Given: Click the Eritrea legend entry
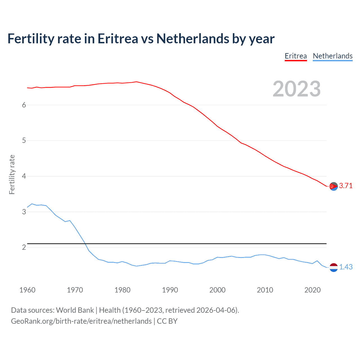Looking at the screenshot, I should (296, 56).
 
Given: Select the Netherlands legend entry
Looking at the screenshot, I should (332, 56).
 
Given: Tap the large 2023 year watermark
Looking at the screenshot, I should (296, 89).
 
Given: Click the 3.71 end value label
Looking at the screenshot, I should (346, 186).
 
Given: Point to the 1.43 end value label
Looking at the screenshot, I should (346, 267).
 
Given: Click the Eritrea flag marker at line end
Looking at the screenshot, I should (334, 186).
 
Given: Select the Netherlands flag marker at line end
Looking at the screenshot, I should (334, 267).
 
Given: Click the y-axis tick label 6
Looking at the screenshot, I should (24, 105).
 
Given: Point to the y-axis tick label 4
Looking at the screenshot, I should (24, 176).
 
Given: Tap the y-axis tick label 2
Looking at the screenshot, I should (24, 247).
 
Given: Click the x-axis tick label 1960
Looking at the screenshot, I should (27, 290).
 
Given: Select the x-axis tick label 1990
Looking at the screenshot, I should (170, 290).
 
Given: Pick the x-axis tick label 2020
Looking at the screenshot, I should (312, 290).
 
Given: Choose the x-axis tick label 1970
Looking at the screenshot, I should (75, 290).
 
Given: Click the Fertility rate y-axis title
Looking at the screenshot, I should (12, 174).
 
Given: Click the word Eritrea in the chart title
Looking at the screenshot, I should (118, 39).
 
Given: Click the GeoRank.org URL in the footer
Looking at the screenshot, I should (81, 321).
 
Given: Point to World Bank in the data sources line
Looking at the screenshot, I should (75, 310).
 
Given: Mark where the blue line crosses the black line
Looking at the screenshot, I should (85, 243).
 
